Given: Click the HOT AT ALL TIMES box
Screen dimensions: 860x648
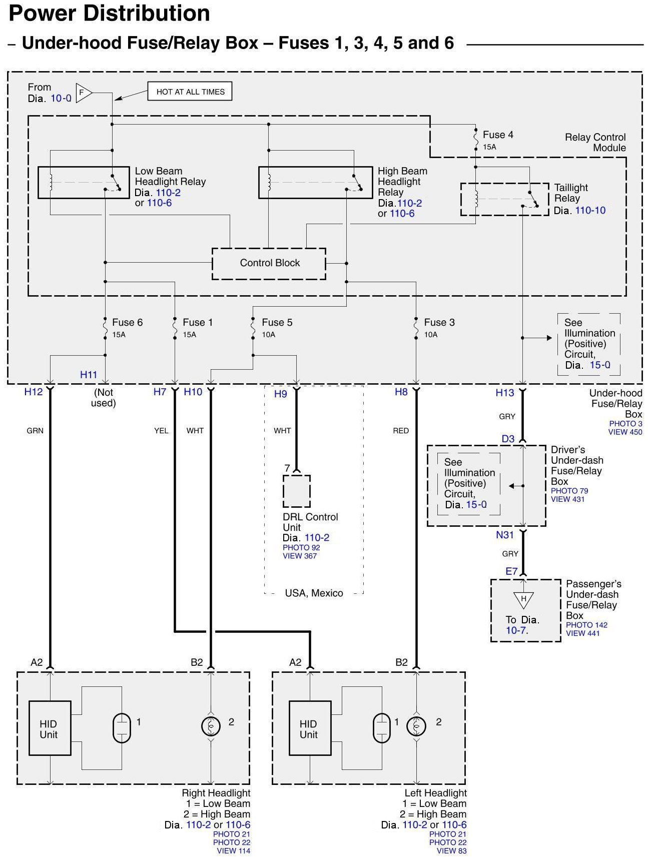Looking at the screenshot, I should point(190,92).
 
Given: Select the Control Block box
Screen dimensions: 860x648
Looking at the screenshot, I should point(269,263).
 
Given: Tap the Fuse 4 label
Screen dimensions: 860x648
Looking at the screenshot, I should point(497,135).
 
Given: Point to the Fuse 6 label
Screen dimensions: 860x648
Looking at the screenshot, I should point(127,323).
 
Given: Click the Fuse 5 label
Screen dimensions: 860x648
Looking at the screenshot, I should point(277,323).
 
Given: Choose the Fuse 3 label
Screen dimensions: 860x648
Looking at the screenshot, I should point(439,323).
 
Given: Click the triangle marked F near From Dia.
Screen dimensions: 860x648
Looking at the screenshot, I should point(84,93).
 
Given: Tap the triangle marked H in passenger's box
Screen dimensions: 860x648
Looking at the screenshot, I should point(523,599).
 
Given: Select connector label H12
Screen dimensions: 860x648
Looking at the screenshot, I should point(34,392).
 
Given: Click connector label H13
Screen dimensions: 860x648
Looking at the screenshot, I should point(504,393).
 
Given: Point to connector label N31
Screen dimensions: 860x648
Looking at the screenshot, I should point(504,535).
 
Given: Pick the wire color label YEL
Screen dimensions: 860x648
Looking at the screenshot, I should point(161,431).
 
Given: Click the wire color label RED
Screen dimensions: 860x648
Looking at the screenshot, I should point(400,431).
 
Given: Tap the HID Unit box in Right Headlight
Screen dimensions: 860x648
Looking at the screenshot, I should point(50,728).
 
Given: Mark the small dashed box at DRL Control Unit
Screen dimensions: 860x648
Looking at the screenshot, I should point(296,491).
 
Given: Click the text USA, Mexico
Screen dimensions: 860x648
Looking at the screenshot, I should point(314,593).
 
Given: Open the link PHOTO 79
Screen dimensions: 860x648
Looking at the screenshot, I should point(569,491).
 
